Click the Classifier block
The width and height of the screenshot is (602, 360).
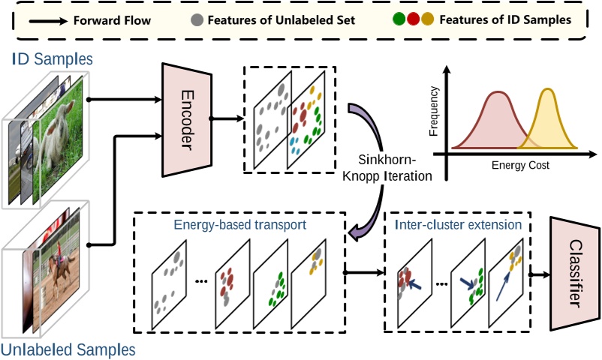point(574,274)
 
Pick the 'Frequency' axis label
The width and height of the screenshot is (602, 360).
point(434,113)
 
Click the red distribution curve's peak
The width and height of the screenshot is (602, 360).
point(496,93)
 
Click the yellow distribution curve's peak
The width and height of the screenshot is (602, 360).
point(547,90)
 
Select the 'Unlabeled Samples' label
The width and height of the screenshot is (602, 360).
point(68,349)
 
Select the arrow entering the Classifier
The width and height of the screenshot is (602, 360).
point(538,274)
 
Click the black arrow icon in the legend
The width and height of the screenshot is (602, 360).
point(51,20)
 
